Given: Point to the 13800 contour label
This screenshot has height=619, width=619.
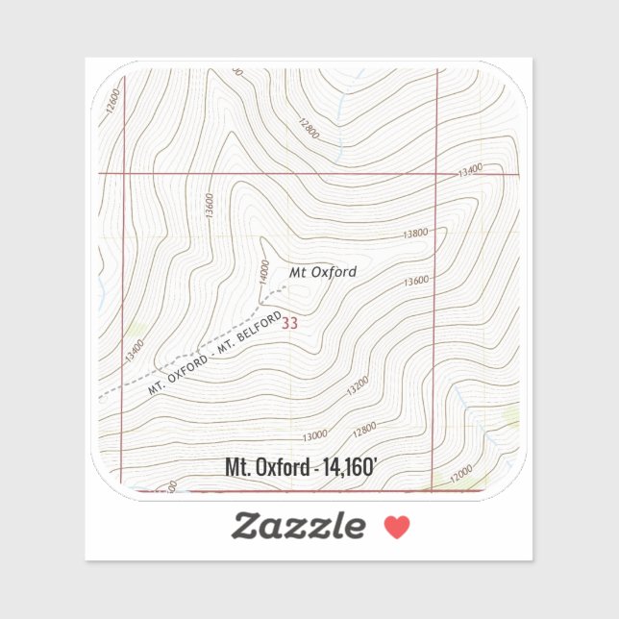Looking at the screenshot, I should click(x=415, y=234).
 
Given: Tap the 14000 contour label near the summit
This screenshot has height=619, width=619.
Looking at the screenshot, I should click(x=263, y=272).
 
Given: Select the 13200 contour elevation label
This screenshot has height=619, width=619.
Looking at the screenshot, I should click(x=357, y=386).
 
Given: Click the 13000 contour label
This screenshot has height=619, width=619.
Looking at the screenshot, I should click(x=314, y=435).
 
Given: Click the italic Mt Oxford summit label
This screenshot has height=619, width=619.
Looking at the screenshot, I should click(x=323, y=272).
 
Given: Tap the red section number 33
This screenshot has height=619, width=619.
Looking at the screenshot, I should click(x=289, y=324).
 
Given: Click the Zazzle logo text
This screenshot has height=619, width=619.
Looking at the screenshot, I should click(x=298, y=526).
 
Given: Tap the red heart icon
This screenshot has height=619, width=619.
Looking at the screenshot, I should click(x=396, y=527).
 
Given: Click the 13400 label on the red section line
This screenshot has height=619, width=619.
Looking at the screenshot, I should click(x=469, y=170).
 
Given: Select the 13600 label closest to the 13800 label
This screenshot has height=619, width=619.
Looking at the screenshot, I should click(x=416, y=282).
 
